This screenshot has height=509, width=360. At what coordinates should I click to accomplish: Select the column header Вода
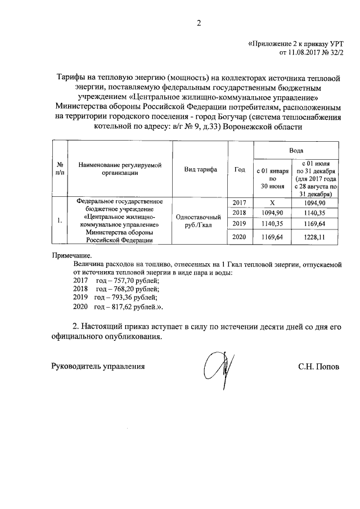(296, 151)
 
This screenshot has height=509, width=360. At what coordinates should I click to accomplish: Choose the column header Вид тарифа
(200, 169)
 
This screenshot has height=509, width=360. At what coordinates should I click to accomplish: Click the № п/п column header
(59, 169)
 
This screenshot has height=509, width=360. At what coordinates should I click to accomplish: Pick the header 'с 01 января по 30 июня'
(272, 178)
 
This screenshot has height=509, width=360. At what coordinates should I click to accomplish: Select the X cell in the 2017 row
(272, 202)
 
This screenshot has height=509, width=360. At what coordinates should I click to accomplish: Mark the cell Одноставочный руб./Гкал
(200, 220)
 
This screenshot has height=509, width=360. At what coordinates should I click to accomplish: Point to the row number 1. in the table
(59, 220)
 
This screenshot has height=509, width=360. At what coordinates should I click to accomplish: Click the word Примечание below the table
(67, 256)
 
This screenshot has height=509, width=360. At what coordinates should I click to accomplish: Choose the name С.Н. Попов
(318, 366)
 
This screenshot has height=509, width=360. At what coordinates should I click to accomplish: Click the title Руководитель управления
(98, 366)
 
